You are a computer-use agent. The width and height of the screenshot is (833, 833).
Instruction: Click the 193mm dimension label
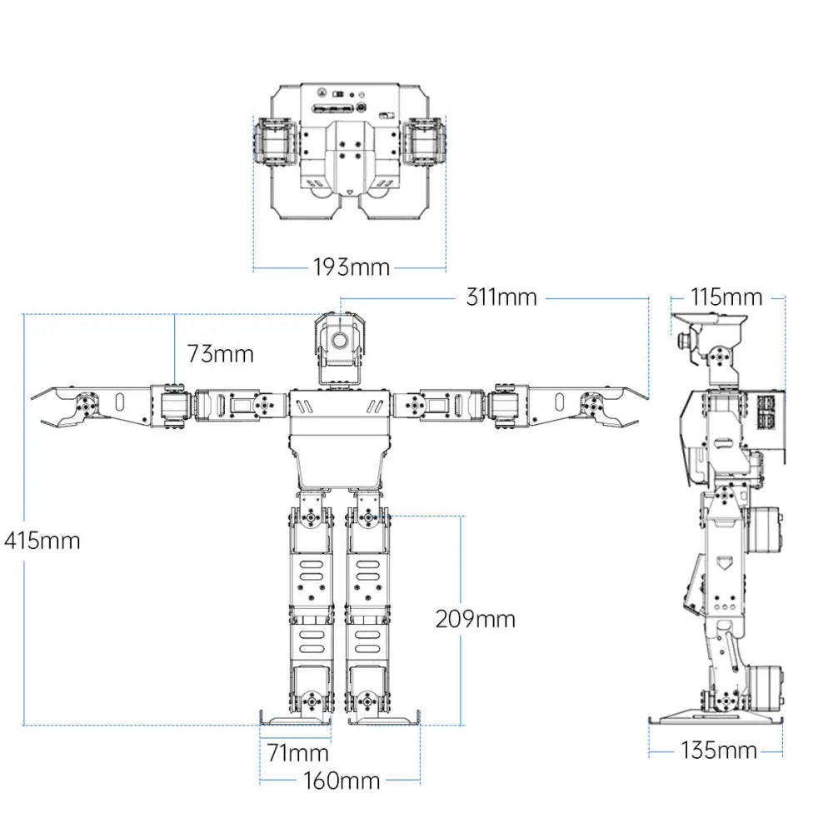351,267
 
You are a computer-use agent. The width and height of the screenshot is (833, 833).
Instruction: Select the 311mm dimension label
501,297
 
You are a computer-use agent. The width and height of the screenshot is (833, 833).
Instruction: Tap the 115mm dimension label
726,297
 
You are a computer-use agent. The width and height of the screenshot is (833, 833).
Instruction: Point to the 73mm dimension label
220,353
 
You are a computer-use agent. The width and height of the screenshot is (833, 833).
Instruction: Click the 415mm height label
42,541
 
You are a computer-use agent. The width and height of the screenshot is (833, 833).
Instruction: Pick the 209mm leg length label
475,619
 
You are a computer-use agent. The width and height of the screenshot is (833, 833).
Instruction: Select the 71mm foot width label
297,754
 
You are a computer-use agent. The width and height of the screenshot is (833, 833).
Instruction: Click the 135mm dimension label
719,751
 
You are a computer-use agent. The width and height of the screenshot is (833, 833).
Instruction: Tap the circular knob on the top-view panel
362,108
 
